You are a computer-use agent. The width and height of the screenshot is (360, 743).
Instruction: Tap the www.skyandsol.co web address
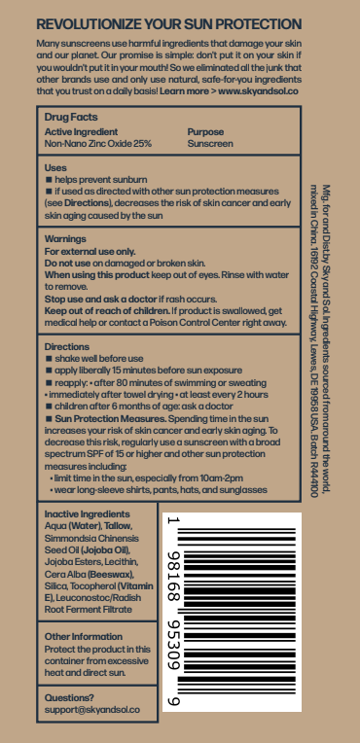(259, 89)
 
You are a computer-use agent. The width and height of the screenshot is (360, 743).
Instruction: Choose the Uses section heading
(56, 168)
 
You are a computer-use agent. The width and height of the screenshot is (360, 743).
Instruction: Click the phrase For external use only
(89, 250)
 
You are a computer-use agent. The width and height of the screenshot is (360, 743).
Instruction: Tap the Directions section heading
(68, 346)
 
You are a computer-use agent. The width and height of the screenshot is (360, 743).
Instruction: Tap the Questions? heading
(70, 697)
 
